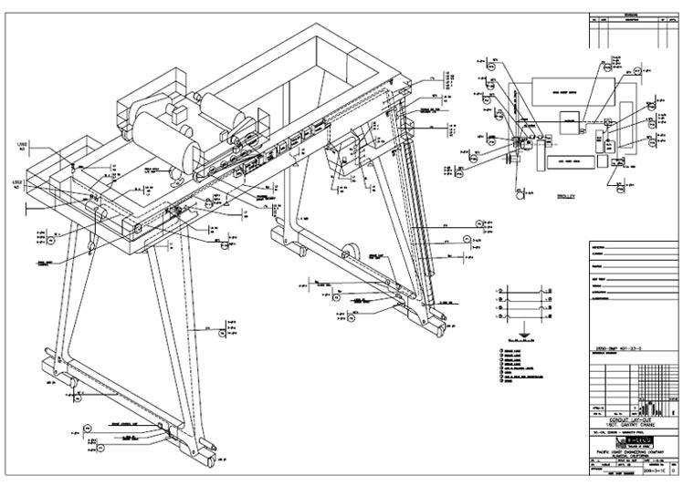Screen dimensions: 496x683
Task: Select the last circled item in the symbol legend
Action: (495, 389)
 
